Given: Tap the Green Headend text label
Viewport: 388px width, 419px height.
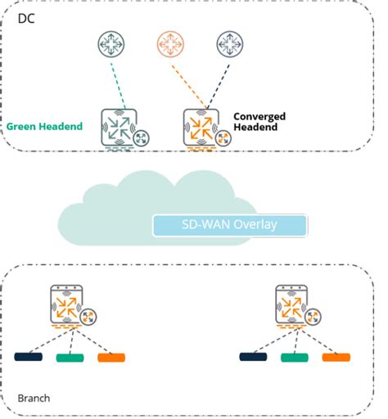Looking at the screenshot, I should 44,127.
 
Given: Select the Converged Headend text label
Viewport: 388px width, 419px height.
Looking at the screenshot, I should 261,122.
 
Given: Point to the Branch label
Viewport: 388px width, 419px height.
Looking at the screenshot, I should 34,399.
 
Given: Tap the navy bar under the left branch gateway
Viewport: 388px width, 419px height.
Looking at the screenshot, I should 29,357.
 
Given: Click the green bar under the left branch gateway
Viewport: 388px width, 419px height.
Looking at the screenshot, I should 70,358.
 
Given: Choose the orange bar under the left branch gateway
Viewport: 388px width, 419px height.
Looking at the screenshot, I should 111,357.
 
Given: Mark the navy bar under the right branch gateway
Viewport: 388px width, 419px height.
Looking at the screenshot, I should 253,357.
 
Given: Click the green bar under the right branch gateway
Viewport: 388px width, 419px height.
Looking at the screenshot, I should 294,358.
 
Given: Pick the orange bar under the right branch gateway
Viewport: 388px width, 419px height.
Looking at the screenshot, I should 336,357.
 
